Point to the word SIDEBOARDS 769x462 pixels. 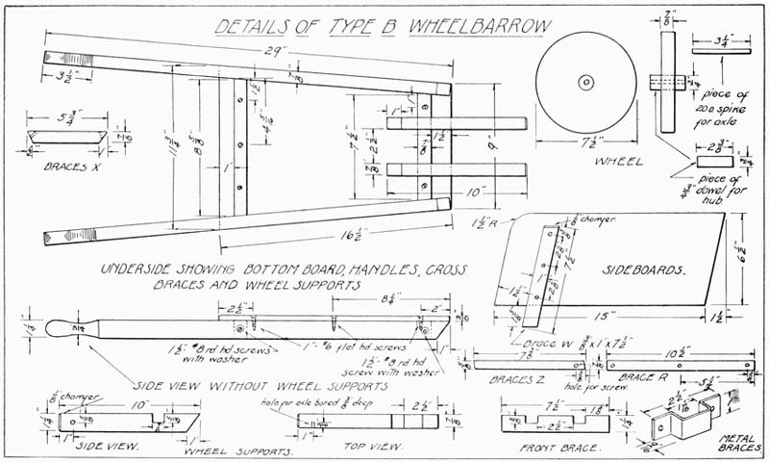pyautogui.click(x=636, y=271)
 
